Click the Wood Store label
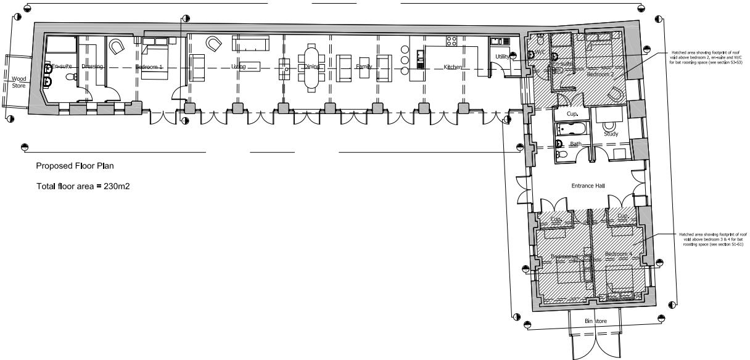[x=20, y=82]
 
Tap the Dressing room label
[x=92, y=66]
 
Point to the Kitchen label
[x=453, y=67]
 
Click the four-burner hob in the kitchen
[x=451, y=41]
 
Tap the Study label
[x=611, y=133]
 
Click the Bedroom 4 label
[x=618, y=254]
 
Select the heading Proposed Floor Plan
[x=75, y=166]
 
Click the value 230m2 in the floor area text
[x=111, y=186]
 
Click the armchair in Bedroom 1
[x=116, y=46]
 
